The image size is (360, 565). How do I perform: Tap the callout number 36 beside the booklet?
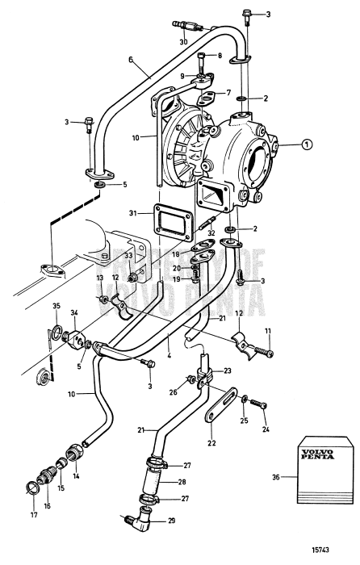[278, 477]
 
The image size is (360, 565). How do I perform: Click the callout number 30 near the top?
[184, 41]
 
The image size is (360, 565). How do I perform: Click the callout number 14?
[78, 477]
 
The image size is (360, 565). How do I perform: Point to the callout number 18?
[176, 253]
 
